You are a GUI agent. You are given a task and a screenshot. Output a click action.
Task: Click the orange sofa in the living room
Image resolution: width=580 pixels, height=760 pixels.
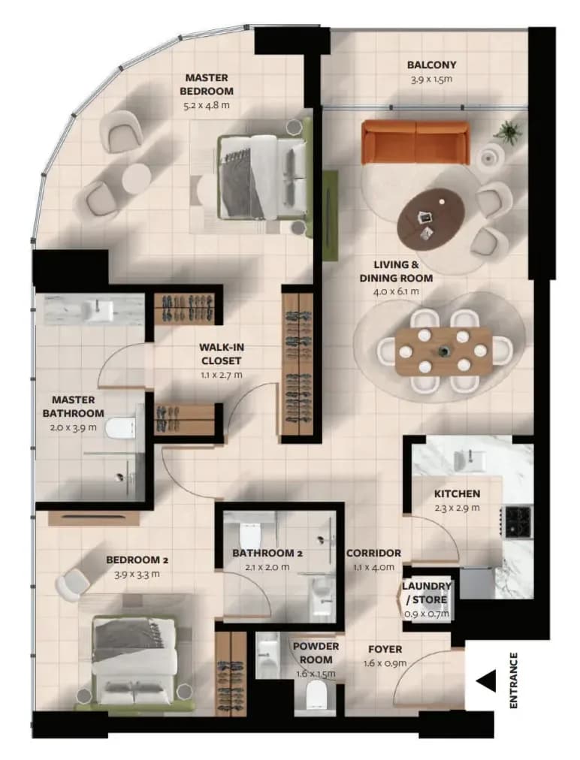[415, 143]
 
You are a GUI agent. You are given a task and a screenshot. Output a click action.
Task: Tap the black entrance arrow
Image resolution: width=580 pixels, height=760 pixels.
[486, 681]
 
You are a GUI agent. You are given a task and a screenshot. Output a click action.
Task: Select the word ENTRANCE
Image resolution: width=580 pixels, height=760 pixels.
[514, 680]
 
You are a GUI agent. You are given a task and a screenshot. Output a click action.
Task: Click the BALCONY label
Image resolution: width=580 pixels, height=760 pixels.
[431, 65]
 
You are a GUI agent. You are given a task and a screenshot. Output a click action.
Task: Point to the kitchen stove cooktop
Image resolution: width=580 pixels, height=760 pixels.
[518, 521]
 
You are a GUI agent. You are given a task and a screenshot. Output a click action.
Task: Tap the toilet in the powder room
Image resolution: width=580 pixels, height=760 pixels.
[318, 695]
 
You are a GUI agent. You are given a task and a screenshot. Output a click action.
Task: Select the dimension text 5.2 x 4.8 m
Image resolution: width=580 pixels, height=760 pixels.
[207, 104]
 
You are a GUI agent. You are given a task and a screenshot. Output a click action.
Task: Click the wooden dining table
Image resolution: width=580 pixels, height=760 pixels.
[443, 351]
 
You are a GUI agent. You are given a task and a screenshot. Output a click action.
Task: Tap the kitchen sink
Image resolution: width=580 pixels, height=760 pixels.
[470, 460]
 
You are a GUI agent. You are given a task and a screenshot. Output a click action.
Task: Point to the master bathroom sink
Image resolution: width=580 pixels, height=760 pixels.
[99, 311]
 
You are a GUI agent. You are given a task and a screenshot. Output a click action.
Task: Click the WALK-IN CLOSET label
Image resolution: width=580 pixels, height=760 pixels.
[221, 354]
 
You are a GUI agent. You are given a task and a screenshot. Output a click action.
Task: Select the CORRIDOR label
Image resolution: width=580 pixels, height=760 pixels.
[373, 553]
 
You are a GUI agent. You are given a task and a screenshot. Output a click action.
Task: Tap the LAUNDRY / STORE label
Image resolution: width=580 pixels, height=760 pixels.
[427, 593]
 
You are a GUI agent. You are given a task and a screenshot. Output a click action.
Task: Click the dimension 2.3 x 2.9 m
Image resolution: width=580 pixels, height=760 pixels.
[457, 508]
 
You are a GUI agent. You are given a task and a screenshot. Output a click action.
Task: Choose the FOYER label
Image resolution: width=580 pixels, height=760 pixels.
[385, 649]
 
